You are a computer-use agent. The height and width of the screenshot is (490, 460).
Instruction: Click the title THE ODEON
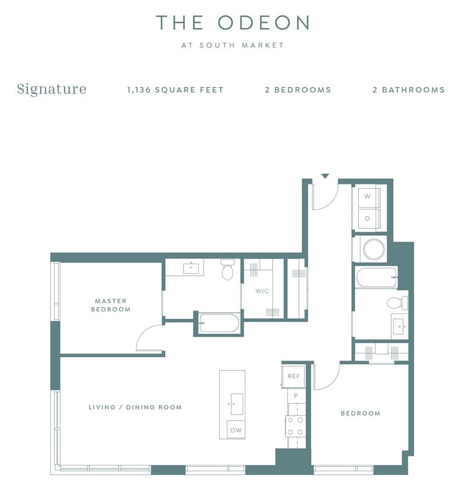pos(232,23)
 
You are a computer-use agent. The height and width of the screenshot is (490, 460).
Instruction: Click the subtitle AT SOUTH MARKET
pos(232,45)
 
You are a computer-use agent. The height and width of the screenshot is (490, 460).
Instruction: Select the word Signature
pos(51,89)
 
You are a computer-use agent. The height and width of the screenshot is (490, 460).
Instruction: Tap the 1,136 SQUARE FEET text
pos(175,90)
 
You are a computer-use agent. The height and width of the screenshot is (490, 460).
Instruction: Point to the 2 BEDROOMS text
pos(298,90)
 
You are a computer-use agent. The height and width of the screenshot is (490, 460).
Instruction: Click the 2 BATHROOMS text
pos(408,90)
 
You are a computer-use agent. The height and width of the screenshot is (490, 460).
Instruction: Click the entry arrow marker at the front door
pos(325,176)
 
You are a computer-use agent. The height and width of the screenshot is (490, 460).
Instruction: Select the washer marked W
pos(368,197)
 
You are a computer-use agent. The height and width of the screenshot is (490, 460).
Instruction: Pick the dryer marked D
pos(368,219)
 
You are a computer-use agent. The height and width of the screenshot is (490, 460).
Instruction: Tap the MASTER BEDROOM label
pos(110,305)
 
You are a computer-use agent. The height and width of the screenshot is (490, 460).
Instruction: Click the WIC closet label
pos(262,291)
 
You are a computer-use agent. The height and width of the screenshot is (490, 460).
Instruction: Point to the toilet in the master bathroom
pos(227,270)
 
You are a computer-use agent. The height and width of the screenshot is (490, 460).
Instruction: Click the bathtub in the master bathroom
pos(219,323)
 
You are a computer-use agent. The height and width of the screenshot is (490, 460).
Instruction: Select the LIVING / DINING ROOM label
pos(135,407)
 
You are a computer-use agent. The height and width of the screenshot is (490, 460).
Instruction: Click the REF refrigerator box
pos(294,376)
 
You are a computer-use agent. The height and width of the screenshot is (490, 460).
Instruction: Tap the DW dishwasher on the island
pos(236,430)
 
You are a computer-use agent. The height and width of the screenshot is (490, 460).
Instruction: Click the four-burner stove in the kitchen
pos(295,425)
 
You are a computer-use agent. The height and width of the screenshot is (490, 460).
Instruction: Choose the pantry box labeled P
pos(295,396)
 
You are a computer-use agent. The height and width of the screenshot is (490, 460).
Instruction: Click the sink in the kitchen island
pos(237,403)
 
